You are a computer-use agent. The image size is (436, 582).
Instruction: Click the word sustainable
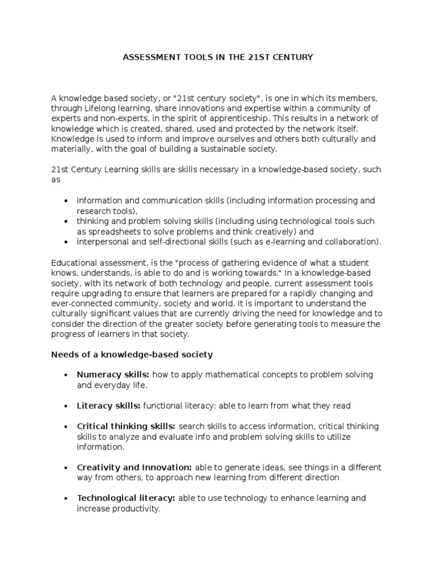click(x=219, y=149)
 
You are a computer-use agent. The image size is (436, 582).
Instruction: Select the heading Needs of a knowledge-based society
click(x=132, y=355)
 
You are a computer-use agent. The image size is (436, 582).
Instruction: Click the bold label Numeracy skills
click(x=113, y=375)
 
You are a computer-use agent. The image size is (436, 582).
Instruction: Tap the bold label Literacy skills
click(x=108, y=406)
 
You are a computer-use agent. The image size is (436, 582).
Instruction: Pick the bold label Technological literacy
click(x=126, y=498)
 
